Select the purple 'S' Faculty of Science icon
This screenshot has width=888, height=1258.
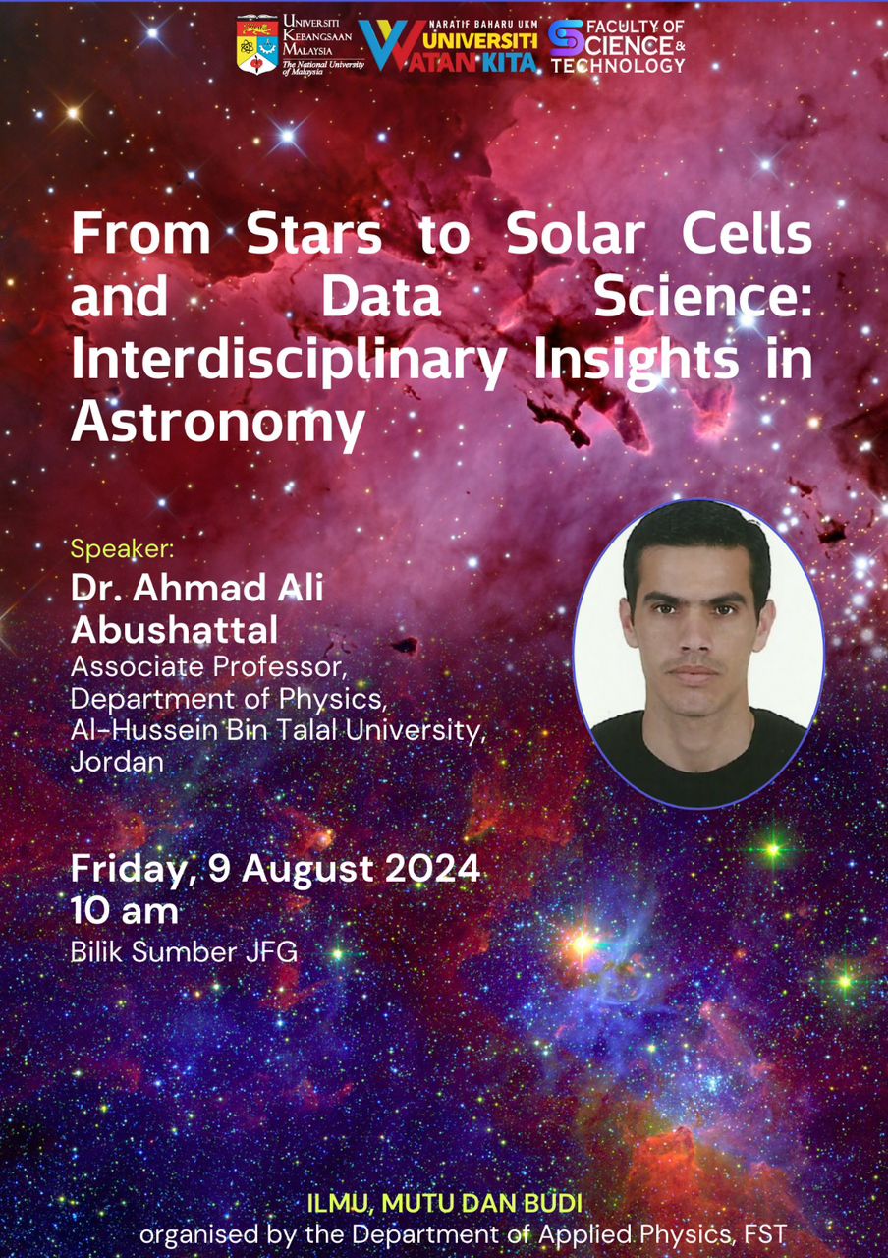coord(567,38)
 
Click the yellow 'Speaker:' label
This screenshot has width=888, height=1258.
coord(123,549)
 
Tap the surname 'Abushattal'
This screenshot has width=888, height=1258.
coord(175,630)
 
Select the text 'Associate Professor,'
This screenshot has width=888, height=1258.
coord(207,667)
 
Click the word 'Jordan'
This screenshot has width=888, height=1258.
coord(117,762)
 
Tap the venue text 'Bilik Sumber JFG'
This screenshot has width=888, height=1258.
coord(184,952)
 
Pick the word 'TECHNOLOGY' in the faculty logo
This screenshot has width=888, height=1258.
coord(618,65)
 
